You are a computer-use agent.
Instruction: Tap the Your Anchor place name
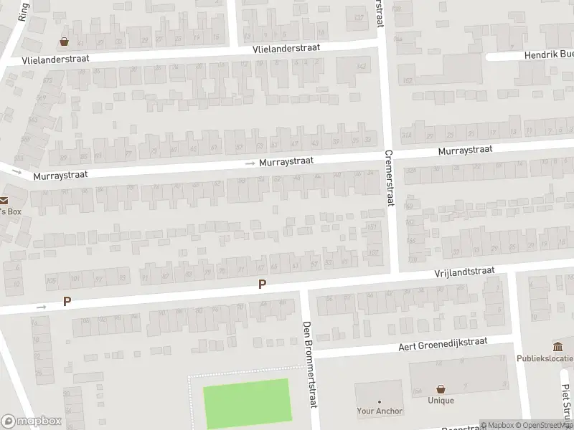[380, 411]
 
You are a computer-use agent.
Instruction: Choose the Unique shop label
[441, 401]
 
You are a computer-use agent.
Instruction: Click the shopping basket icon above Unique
[441, 388]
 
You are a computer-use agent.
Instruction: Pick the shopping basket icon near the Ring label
[65, 41]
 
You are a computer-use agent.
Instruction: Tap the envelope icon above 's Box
[4, 201]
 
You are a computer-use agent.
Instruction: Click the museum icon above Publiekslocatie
[557, 346]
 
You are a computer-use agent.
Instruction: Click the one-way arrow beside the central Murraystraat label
[250, 164]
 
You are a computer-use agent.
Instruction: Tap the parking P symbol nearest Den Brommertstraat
[263, 285]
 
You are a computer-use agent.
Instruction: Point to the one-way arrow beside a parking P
[41, 307]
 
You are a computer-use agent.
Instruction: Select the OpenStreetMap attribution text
[542, 425]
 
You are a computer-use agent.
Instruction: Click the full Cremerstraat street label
[390, 178]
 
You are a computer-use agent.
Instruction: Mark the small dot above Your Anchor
[380, 402]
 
